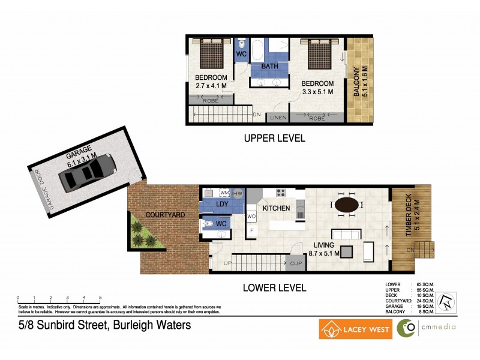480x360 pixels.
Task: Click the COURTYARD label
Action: pyautogui.click(x=165, y=214)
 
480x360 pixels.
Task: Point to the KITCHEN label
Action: pyautogui.click(x=277, y=208)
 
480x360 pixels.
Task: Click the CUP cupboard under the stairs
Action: pyautogui.click(x=296, y=263)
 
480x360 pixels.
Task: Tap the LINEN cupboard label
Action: pyautogui.click(x=278, y=118)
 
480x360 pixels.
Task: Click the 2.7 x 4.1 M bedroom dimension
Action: pyautogui.click(x=211, y=86)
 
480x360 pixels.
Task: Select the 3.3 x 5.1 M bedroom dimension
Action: pyautogui.click(x=317, y=92)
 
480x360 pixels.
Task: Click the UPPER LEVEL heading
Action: pyautogui.click(x=274, y=138)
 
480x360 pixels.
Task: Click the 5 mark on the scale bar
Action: pyautogui.click(x=100, y=298)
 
